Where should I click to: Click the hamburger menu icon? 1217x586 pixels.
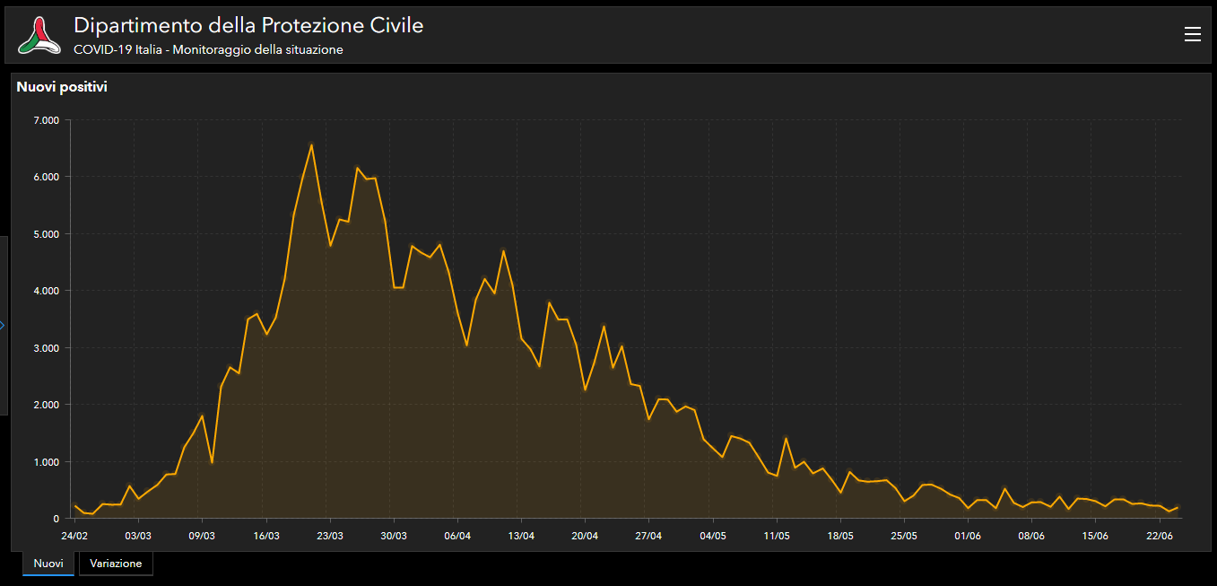1192,34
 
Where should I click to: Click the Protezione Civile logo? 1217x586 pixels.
39,35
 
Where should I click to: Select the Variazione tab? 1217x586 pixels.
116,564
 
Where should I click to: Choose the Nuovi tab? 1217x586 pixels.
48,564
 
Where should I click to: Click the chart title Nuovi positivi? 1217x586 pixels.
62,87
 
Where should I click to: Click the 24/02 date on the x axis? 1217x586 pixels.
74,536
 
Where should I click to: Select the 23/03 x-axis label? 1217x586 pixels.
330,536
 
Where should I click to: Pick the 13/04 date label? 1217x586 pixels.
521,536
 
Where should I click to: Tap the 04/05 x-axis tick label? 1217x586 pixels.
713,536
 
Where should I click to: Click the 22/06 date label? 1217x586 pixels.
1160,536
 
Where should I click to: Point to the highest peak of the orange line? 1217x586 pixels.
311,144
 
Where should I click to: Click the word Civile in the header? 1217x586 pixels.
390,26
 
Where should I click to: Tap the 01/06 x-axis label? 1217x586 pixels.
968,536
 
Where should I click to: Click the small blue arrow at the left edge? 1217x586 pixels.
3,325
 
